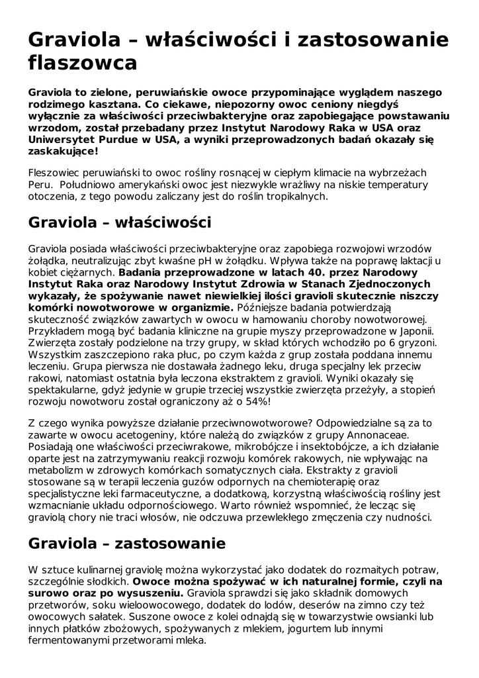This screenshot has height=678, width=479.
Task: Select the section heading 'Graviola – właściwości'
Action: [x=120, y=222]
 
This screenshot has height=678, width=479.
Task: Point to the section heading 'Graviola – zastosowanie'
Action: [x=127, y=544]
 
